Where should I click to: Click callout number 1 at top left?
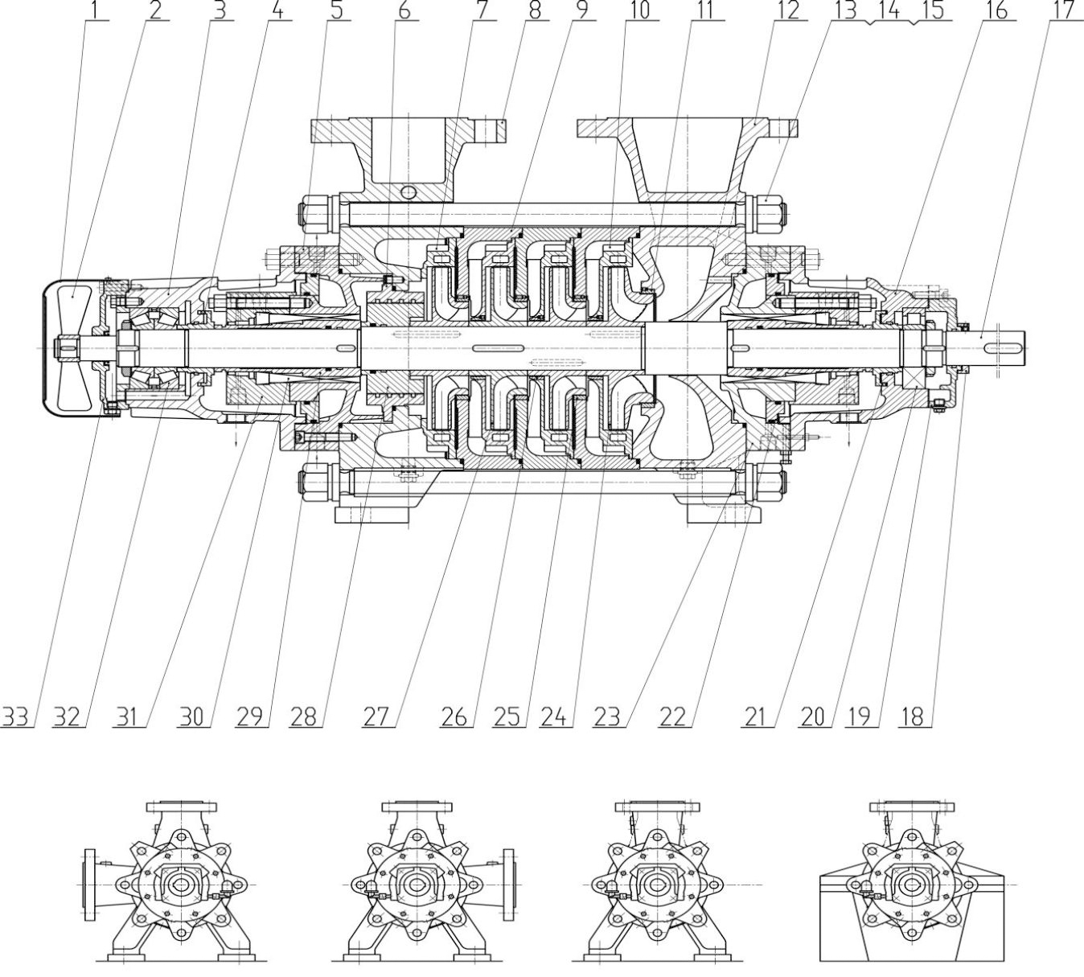96,10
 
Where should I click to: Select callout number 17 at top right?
1063,10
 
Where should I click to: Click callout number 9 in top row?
580,10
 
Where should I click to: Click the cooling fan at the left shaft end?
72,347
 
